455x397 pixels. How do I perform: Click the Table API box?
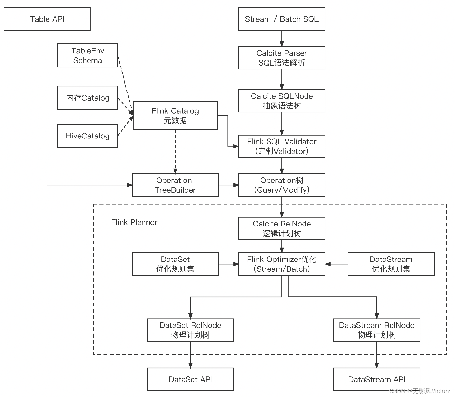[x=47, y=19]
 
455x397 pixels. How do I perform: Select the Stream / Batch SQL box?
[x=282, y=19]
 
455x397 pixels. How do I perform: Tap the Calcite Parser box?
[x=282, y=58]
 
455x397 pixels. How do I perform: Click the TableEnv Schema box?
[x=88, y=56]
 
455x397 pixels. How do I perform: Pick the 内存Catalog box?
[x=88, y=98]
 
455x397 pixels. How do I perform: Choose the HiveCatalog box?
[x=88, y=136]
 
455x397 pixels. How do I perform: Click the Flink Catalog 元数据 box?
[x=175, y=116]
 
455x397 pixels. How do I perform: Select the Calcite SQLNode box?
[x=282, y=101]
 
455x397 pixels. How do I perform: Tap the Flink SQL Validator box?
[x=282, y=146]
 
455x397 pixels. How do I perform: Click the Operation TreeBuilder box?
[x=175, y=185]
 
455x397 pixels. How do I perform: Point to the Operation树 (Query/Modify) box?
[x=282, y=185]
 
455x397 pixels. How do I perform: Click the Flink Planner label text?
[x=134, y=222]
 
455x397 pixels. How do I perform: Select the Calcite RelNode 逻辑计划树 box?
[x=282, y=228]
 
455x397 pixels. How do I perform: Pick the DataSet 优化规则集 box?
[x=175, y=264]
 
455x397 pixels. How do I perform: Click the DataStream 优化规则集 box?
[x=391, y=264]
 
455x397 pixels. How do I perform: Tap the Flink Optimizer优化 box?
[x=282, y=264]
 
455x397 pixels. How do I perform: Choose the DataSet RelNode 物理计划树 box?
[x=190, y=330]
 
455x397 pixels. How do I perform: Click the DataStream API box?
[x=376, y=379]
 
